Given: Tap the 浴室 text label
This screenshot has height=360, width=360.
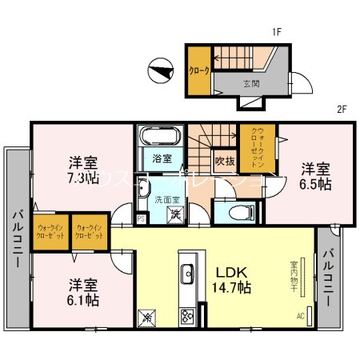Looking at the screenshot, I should pos(162,158).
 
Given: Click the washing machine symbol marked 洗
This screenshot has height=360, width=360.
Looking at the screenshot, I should pos(175,214).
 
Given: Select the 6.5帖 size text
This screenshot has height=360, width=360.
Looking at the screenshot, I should pos(316,183).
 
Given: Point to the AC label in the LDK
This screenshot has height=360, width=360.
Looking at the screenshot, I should pos(301,316).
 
